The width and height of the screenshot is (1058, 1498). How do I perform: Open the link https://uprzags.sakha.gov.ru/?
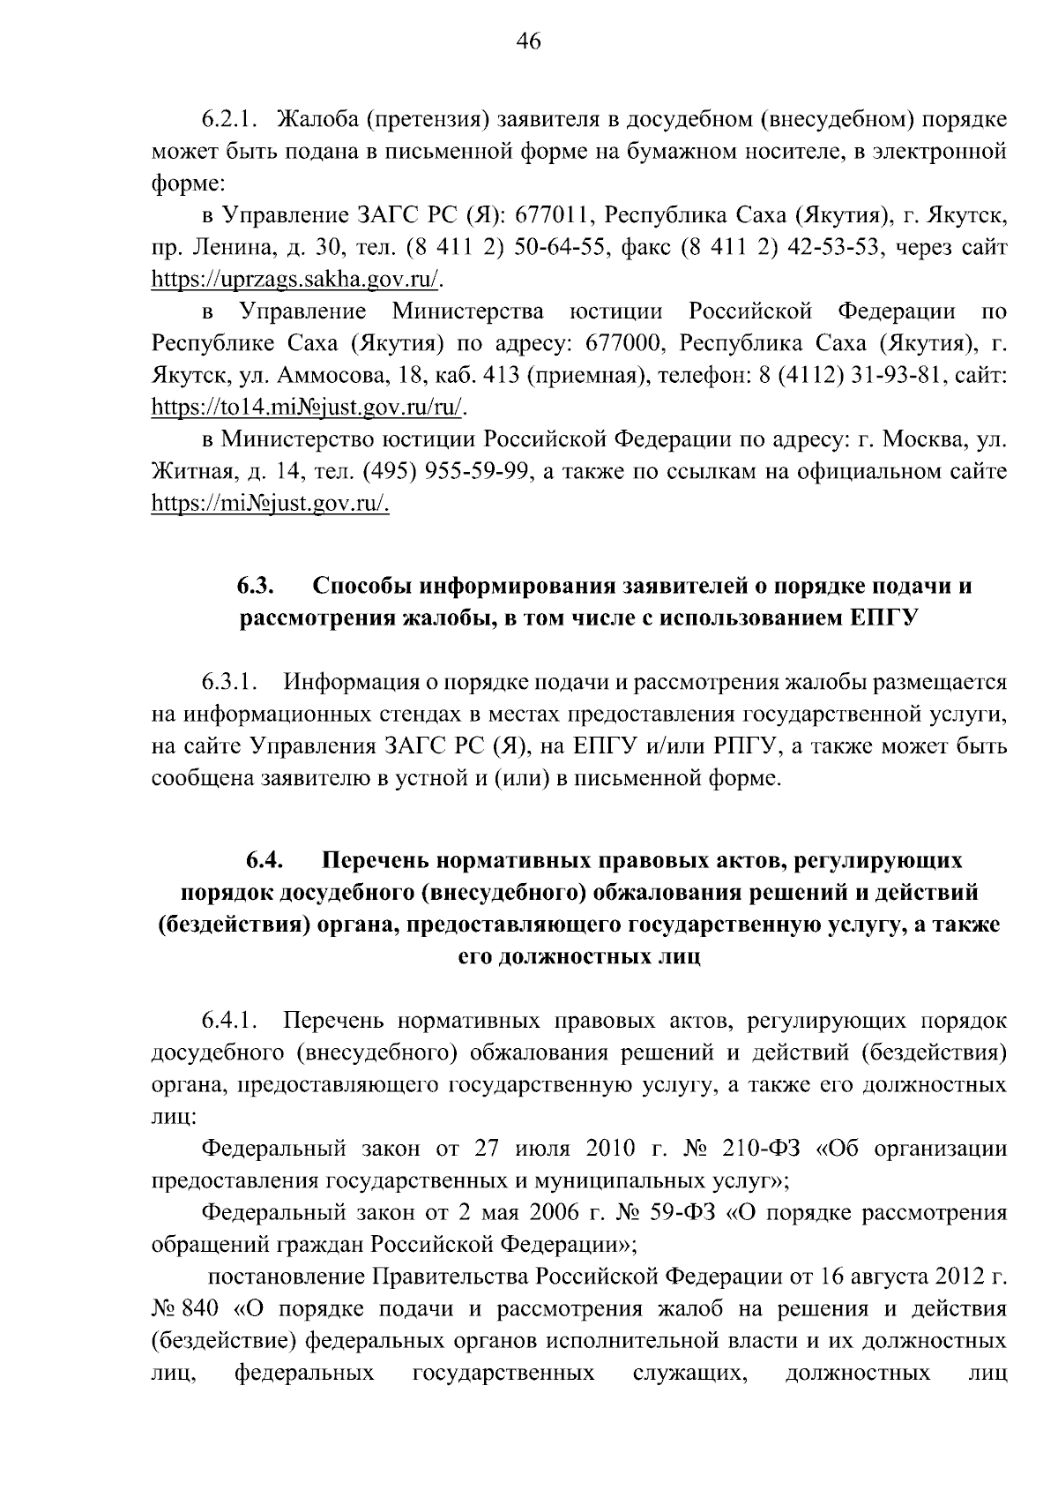297,281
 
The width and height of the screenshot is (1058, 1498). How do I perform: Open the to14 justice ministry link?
307,408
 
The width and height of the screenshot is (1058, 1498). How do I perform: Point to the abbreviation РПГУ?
741,747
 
